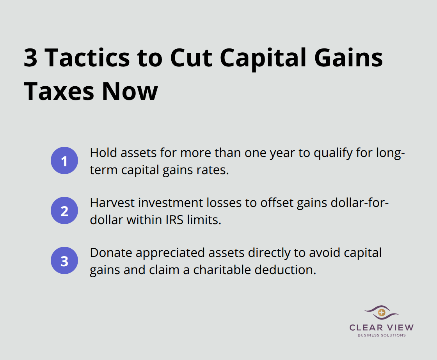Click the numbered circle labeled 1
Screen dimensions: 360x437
click(x=64, y=161)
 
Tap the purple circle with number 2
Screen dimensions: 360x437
click(x=64, y=211)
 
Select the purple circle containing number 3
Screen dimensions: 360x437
click(x=64, y=261)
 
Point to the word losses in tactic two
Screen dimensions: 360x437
click(x=210, y=203)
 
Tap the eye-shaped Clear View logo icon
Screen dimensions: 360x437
click(x=381, y=312)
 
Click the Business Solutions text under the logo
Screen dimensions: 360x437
click(x=382, y=335)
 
